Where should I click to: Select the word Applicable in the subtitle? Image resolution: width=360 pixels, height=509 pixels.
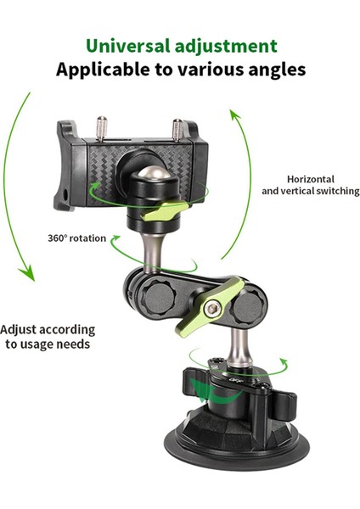[x=100, y=69]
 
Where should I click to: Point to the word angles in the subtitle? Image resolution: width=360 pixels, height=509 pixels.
[x=273, y=69]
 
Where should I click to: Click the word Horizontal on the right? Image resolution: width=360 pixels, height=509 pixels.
[x=310, y=179]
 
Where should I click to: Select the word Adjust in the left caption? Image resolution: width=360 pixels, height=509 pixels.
[x=19, y=329]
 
